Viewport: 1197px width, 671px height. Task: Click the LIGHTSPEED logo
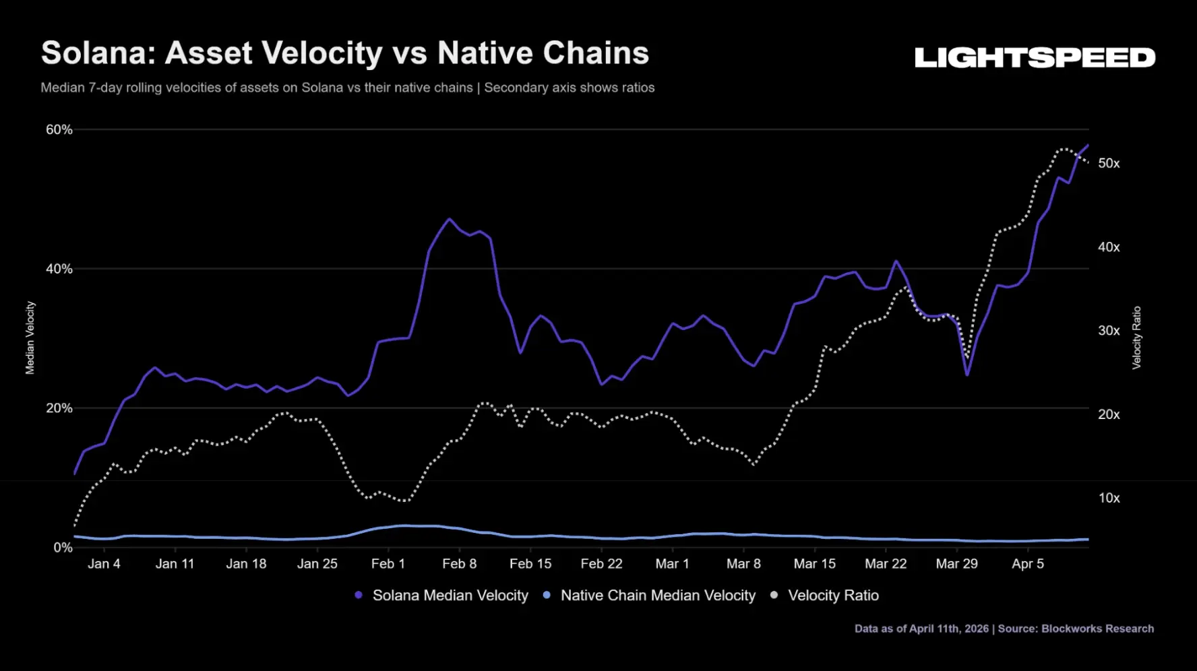1035,58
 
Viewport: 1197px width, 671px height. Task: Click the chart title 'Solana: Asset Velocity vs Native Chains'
345,53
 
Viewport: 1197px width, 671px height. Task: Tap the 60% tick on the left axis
59,129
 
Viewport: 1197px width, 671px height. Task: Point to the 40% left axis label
59,269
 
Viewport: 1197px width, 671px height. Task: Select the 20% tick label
59,408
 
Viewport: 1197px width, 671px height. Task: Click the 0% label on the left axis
63,548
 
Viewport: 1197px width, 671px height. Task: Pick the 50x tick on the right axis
1109,163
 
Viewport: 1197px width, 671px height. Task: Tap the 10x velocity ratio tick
1109,498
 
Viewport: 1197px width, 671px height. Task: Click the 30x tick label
1109,331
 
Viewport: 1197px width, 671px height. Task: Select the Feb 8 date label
460,564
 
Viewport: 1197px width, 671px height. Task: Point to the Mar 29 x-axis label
957,564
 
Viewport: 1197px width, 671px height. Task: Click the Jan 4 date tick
104,564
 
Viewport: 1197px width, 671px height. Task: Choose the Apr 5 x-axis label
1028,564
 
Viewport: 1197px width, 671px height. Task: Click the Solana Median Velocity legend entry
441,596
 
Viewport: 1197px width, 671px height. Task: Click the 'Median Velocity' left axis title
30,338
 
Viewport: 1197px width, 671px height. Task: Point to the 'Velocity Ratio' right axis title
1136,338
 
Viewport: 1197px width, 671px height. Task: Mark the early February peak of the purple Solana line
450,219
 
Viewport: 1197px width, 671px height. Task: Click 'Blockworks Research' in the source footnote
1097,629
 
